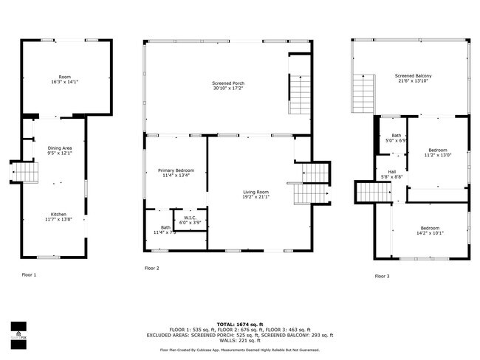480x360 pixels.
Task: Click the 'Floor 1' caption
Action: (x=29, y=274)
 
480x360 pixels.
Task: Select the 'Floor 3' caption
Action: (x=382, y=276)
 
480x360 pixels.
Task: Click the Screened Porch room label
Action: (x=228, y=83)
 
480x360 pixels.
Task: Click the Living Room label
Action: (x=256, y=192)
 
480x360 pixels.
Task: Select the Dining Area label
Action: (x=60, y=148)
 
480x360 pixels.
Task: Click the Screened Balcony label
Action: (x=414, y=76)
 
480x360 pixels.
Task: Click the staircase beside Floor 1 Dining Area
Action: (x=26, y=173)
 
